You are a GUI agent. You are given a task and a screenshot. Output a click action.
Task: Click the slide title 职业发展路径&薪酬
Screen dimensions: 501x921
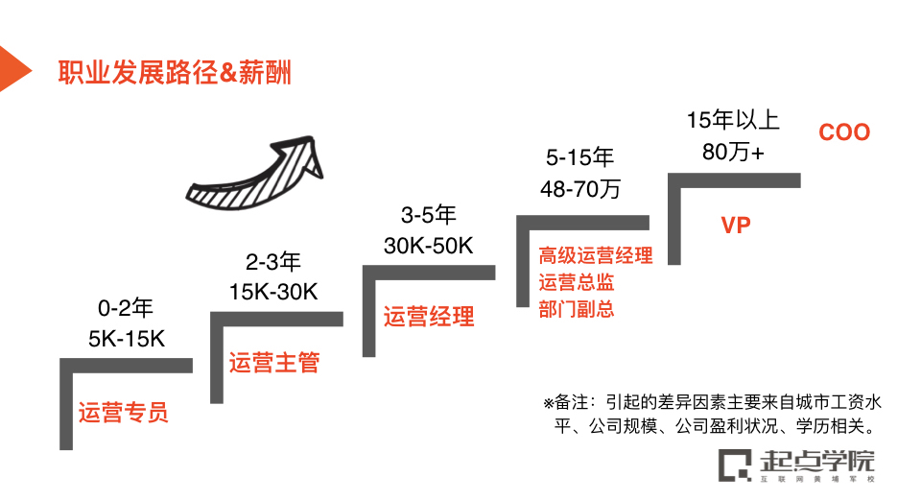point(174,72)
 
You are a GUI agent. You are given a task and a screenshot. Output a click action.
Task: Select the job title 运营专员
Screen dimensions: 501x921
point(124,413)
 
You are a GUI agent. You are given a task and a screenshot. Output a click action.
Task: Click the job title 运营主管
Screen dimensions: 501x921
point(273,363)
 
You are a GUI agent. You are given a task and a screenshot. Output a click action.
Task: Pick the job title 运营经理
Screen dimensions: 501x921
point(429,316)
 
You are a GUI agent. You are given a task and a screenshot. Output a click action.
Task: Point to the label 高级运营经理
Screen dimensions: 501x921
point(595,256)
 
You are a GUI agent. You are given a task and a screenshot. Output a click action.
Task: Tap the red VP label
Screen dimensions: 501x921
point(736,226)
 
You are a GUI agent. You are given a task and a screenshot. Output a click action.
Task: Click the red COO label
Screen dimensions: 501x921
point(844,132)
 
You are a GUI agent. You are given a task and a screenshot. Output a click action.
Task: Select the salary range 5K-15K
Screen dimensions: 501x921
point(127,338)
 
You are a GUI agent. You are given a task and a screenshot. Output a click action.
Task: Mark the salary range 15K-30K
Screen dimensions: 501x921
point(273,291)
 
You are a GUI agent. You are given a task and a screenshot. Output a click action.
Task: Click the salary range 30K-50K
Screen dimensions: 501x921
point(428,246)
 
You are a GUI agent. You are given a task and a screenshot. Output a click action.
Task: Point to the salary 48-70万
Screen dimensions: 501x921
point(579,189)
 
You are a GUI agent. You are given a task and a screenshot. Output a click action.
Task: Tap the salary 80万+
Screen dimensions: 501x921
point(733,152)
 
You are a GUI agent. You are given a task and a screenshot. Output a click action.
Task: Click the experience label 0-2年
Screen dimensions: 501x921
point(126,309)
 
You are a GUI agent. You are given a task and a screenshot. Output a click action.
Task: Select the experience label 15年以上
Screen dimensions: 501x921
point(734,121)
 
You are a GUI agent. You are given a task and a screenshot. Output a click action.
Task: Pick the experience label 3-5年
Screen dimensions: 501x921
point(428,215)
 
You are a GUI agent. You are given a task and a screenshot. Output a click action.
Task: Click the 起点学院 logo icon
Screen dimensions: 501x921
point(736,465)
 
